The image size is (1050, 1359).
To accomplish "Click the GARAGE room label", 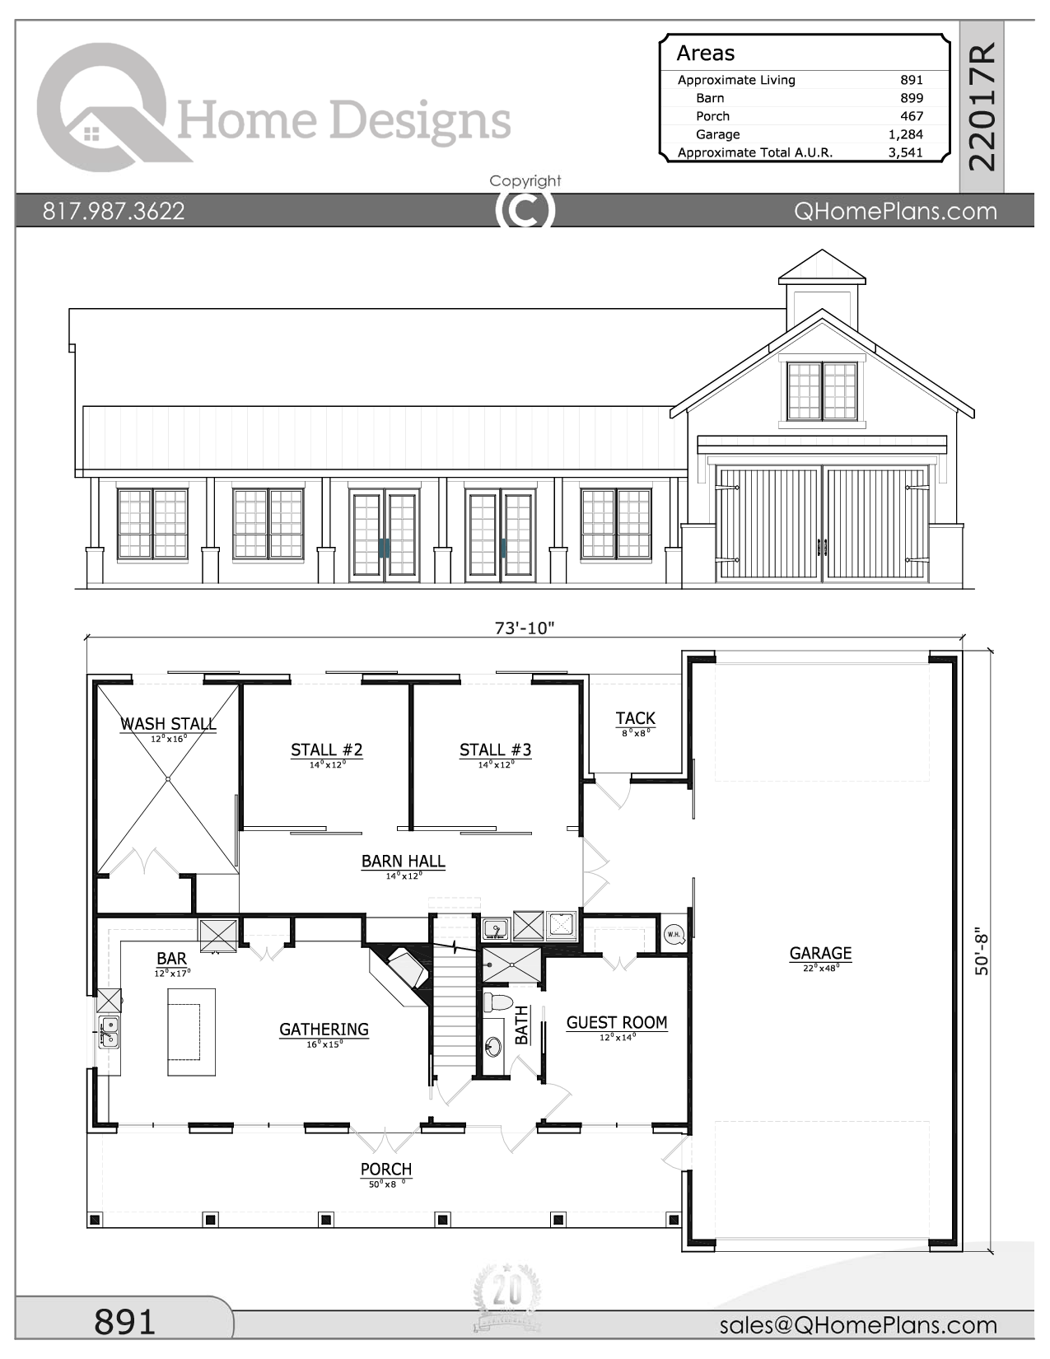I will pyautogui.click(x=820, y=954).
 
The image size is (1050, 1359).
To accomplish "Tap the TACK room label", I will pyautogui.click(x=635, y=718).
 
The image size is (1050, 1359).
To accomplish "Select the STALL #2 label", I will pyautogui.click(x=326, y=750).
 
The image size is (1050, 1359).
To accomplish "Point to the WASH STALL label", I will pyautogui.click(x=168, y=724).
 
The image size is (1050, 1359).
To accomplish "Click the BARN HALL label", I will pyautogui.click(x=403, y=862).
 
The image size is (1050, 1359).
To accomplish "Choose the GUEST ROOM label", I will pyautogui.click(x=616, y=1023).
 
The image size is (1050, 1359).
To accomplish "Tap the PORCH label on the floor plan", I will pyautogui.click(x=385, y=1170).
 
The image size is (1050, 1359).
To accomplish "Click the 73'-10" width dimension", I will pyautogui.click(x=525, y=628).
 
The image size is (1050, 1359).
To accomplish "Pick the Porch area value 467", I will pyautogui.click(x=911, y=116).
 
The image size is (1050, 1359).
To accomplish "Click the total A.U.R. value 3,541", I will pyautogui.click(x=905, y=152).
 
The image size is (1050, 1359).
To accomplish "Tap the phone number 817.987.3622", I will pyautogui.click(x=114, y=211).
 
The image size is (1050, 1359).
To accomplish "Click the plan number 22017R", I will pyautogui.click(x=983, y=107).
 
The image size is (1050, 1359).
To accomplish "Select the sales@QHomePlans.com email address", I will pyautogui.click(x=858, y=1324).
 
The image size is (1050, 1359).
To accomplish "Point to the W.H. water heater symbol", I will pyautogui.click(x=674, y=934).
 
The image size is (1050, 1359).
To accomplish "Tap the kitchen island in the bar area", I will pyautogui.click(x=192, y=1032).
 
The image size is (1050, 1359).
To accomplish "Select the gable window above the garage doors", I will pyautogui.click(x=822, y=391).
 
